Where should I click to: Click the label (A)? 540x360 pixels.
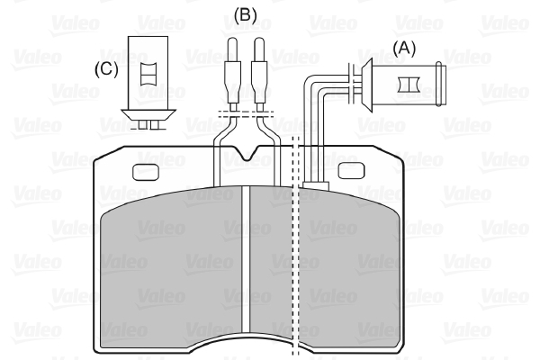405,48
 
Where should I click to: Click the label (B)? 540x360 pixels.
246,15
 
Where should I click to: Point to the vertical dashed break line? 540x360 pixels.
297,270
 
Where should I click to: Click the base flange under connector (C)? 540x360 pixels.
149,113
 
